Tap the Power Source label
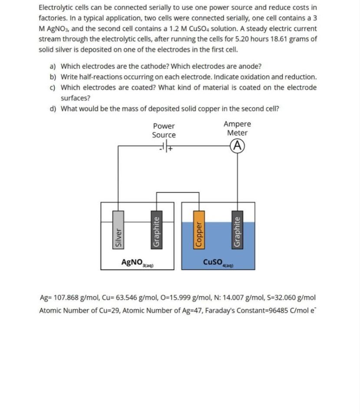point(164,130)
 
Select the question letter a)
point(53,66)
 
